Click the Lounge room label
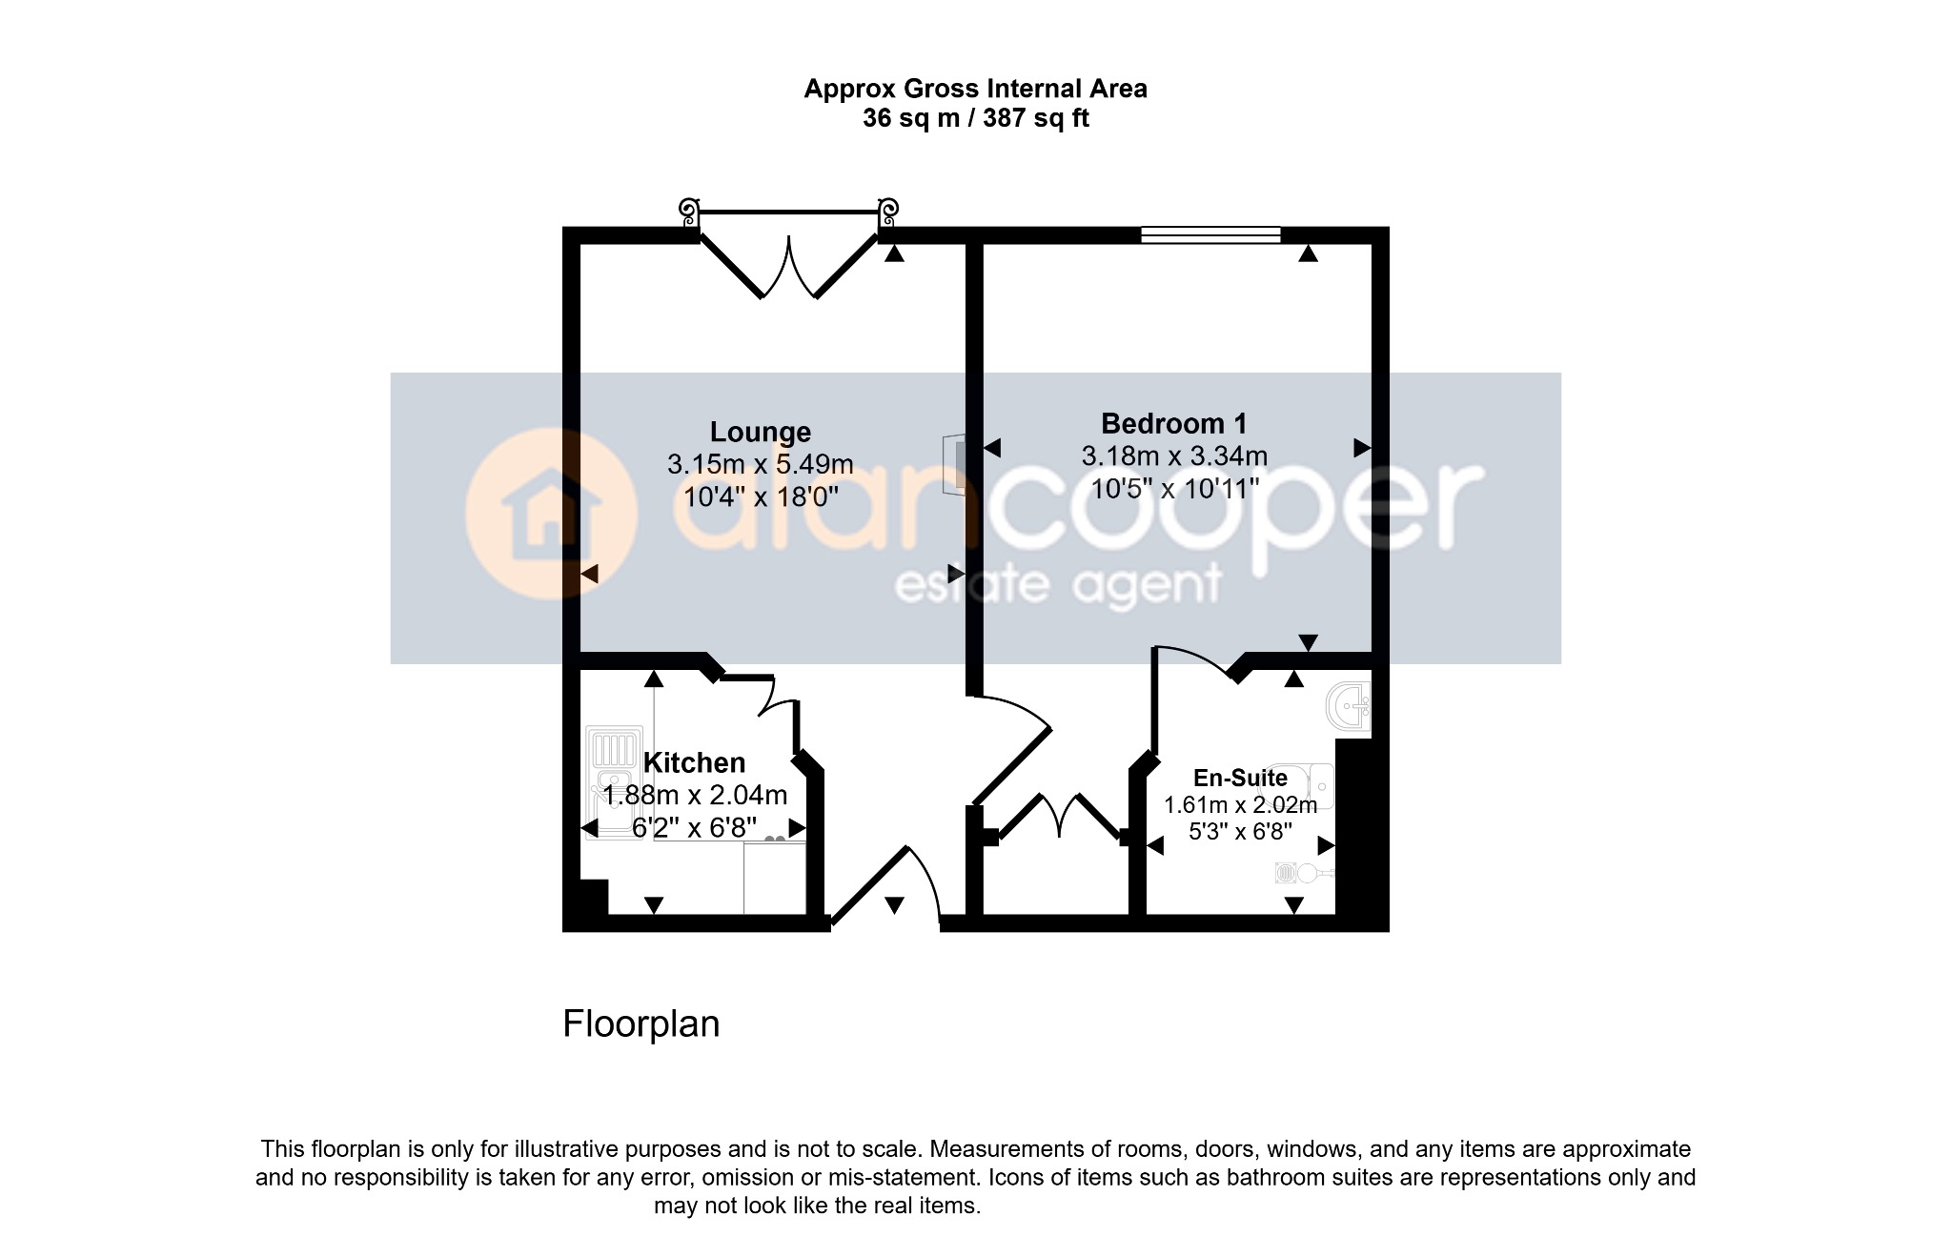761,433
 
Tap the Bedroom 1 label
1173,423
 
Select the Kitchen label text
694,762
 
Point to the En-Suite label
1240,778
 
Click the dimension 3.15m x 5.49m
760,464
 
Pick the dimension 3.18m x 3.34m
1174,456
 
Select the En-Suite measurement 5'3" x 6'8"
1240,832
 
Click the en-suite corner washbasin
1348,708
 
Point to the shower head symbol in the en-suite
1302,872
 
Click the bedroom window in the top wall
1210,235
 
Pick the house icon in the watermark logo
552,515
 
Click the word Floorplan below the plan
641,1024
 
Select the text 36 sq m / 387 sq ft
976,118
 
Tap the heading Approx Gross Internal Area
976,89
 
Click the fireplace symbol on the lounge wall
953,465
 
